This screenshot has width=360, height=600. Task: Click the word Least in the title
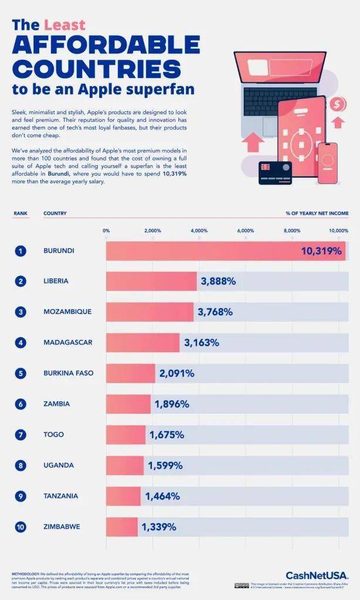(x=65, y=25)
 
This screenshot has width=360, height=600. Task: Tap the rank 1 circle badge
(x=21, y=251)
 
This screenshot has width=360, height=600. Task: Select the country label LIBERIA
(x=56, y=281)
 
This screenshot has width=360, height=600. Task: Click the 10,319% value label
(x=321, y=251)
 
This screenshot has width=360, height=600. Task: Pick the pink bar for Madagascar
(x=142, y=342)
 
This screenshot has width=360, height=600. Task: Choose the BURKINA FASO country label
(x=68, y=373)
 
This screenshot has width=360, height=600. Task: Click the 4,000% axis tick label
(x=199, y=230)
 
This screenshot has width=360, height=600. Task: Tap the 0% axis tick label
(x=106, y=230)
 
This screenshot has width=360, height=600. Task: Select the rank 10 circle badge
(x=21, y=527)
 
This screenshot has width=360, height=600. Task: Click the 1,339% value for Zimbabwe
(x=158, y=527)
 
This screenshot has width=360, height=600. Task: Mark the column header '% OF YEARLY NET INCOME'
(x=317, y=213)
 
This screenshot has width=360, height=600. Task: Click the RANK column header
(x=21, y=213)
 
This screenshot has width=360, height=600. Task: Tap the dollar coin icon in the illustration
(x=337, y=104)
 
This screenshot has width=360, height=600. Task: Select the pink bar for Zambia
(x=128, y=404)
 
